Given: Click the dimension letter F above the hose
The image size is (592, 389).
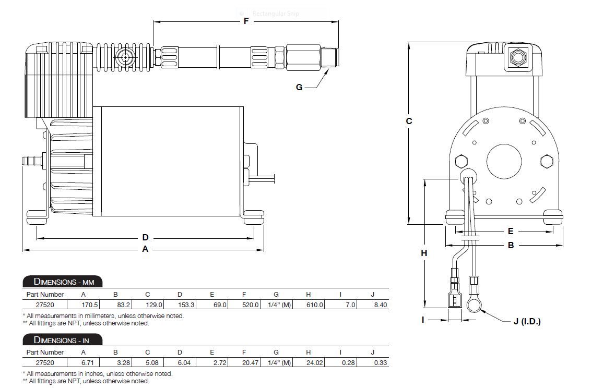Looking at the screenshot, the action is pos(246,21).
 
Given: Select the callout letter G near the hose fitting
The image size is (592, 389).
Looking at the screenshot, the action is pos(299,88).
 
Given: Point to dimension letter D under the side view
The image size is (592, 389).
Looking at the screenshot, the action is pos(145,237).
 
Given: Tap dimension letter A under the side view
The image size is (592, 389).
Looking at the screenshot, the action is pos(145,249).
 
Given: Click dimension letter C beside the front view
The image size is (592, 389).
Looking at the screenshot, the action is pos(409,121).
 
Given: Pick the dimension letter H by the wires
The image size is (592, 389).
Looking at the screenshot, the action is pos(424,253).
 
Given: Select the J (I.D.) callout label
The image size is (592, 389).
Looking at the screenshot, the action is pos(527,322).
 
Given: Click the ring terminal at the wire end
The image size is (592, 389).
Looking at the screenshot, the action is pos(474,304).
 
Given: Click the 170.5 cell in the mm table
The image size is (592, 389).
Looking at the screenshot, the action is pos(90,305).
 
